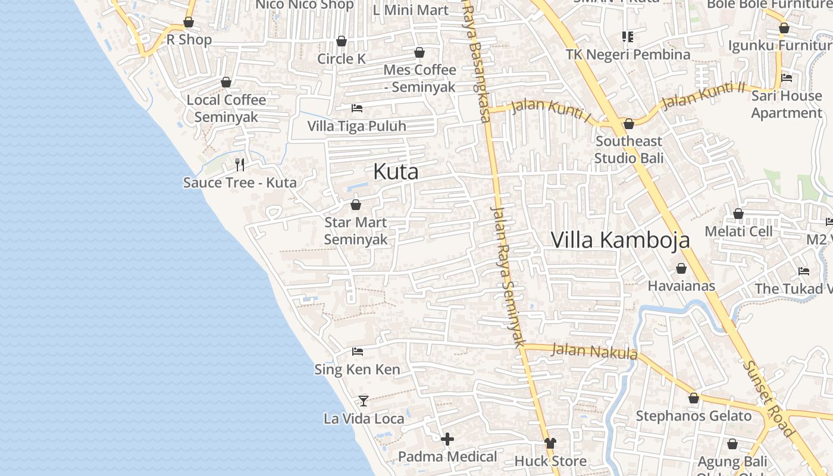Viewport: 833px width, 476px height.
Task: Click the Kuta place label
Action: pos(396,172)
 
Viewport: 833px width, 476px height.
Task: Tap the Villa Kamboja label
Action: pos(620,240)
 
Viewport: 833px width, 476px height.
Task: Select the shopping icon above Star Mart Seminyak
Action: pos(356,205)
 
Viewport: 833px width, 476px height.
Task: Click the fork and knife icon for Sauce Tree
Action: pos(240,164)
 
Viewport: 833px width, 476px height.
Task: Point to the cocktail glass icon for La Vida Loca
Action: pos(364,400)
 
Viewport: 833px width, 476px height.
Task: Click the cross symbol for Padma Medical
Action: pos(447,439)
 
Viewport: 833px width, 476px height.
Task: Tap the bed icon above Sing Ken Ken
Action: pos(358,352)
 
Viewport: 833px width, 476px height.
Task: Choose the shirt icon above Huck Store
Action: pos(550,443)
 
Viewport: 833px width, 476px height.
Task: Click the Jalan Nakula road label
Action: pos(594,352)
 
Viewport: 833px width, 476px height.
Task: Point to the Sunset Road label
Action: pos(770,399)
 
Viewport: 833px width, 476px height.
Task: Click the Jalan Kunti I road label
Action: pos(550,111)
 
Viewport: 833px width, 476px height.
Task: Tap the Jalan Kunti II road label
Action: pos(703,95)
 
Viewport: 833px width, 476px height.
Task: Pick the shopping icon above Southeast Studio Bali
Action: pos(629,124)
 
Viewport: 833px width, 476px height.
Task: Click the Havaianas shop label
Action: pos(681,286)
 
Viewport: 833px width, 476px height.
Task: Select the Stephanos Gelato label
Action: pos(694,416)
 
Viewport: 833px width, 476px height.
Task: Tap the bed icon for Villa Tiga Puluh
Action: pos(357,108)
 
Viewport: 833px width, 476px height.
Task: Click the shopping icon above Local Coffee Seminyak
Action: pos(226,82)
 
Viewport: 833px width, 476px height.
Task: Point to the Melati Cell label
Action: pos(738,231)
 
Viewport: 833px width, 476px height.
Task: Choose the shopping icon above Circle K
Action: pos(342,41)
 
